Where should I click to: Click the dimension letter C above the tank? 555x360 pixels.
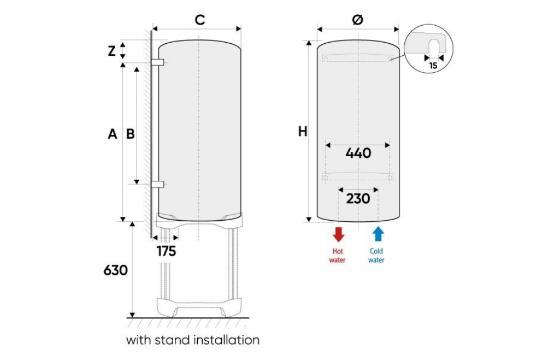pos(200,20)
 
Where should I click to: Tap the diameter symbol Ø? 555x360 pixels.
pos(358,20)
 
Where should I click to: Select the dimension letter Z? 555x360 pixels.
pos(112,52)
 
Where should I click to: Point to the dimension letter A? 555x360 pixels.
pos(112,134)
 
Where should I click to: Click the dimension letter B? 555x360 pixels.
pos(130,134)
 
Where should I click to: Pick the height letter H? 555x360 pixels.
pos(302,132)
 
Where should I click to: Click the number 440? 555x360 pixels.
pos(358,153)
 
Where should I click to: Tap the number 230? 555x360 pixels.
pos(358,198)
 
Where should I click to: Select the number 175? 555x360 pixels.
pos(167,252)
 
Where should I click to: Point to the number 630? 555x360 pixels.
pos(116,271)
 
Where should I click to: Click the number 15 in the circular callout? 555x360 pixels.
pos(433,66)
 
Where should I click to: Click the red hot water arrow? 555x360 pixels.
pos(339,235)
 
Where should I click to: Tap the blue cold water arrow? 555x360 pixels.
pos(379,234)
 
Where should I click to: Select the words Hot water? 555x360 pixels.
pos(337,255)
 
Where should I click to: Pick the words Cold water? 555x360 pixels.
pos(376,255)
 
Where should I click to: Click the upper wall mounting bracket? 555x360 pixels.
pos(157,62)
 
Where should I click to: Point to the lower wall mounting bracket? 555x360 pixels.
pos(157,184)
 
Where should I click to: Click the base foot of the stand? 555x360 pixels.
pos(199,307)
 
